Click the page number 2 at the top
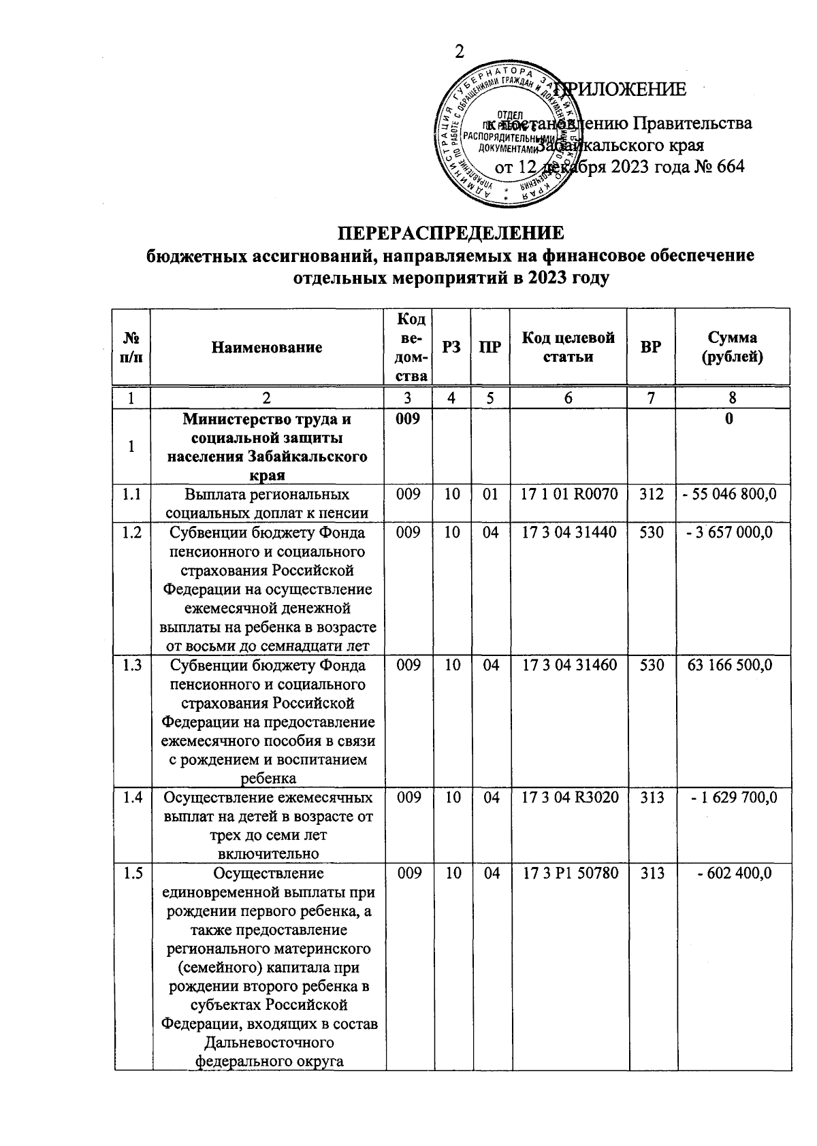tap(460, 52)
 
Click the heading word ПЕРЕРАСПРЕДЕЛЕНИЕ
tap(451, 233)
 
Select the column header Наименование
tap(266, 348)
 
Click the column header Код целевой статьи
tap(568, 347)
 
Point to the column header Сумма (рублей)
tap(732, 347)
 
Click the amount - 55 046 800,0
tap(729, 494)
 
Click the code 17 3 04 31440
tap(568, 533)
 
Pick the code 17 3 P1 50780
tap(569, 873)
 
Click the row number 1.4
tap(133, 797)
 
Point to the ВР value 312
tap(652, 494)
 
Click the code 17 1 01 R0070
tap(568, 494)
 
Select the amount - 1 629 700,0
tap(733, 797)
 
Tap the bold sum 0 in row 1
tap(729, 420)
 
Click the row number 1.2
tap(133, 533)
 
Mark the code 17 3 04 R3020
tap(569, 797)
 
